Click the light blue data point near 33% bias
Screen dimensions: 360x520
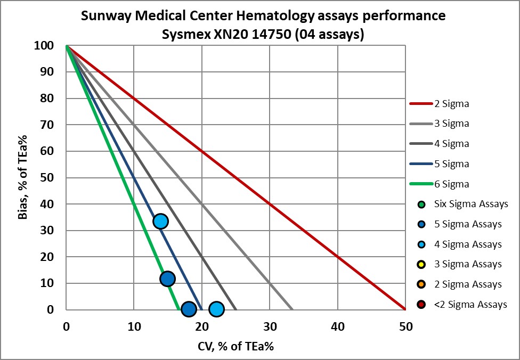(160, 221)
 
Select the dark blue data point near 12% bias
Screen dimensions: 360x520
(167, 279)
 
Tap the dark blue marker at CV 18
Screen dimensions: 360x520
(188, 309)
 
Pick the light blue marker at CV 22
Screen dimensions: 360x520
(216, 309)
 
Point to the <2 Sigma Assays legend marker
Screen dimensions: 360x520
(421, 305)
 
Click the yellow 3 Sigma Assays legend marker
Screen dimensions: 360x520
(421, 265)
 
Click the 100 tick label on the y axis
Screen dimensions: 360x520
(45, 46)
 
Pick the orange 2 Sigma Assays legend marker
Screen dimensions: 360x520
(421, 285)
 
